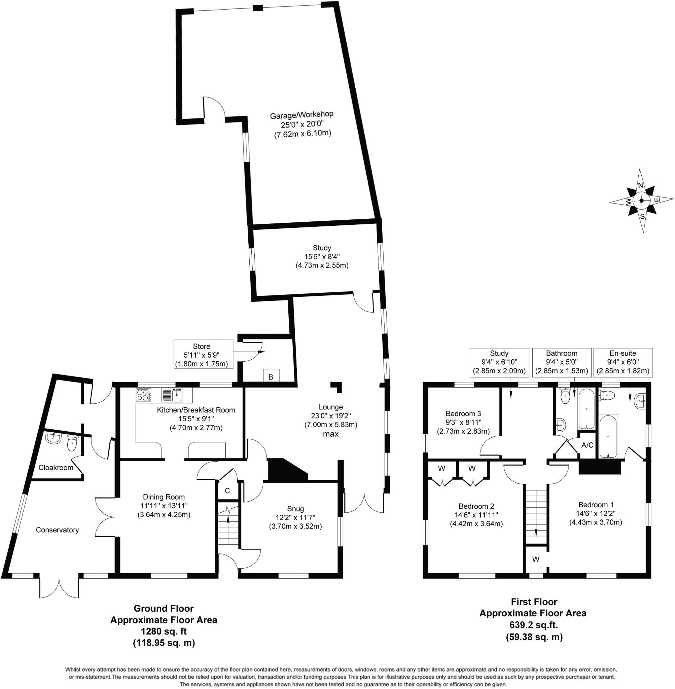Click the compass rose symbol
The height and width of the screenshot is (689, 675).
pyautogui.click(x=642, y=201)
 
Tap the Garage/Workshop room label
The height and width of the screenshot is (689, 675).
pyautogui.click(x=302, y=115)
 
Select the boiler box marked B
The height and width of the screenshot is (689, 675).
pyautogui.click(x=271, y=377)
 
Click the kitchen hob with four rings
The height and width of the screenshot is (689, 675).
pyautogui.click(x=144, y=395)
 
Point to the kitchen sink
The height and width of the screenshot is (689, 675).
pyautogui.click(x=172, y=395)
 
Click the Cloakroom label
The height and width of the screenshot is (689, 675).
pyautogui.click(x=56, y=468)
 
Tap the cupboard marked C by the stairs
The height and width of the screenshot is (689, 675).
pyautogui.click(x=227, y=491)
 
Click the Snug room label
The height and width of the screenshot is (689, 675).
pyautogui.click(x=295, y=509)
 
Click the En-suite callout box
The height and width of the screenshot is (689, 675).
pyautogui.click(x=623, y=362)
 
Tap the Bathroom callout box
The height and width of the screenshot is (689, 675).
pyautogui.click(x=562, y=362)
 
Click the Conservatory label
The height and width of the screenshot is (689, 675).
pyautogui.click(x=57, y=530)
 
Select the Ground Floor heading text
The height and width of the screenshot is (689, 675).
pyautogui.click(x=164, y=609)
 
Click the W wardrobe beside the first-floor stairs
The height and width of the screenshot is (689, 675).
pyautogui.click(x=536, y=559)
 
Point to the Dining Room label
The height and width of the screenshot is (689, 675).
pyautogui.click(x=164, y=497)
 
